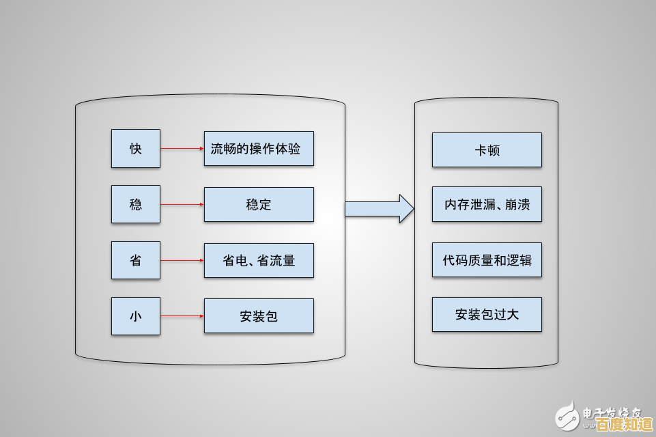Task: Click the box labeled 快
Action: pos(136,148)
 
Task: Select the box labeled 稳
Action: pos(136,204)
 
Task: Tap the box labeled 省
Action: pos(136,260)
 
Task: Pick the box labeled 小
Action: pos(136,316)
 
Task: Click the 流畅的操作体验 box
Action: pos(259,148)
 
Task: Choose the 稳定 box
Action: pos(259,204)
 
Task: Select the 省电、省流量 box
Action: pos(259,260)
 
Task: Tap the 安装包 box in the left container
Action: pos(259,316)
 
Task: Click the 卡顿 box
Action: pos(487,150)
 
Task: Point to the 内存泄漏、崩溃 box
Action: pos(487,204)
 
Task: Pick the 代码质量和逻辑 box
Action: pos(487,259)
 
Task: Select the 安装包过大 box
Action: pos(487,315)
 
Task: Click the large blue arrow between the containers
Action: pos(379,208)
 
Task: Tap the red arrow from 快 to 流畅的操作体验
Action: pos(182,148)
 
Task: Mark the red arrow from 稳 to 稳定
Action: pos(182,204)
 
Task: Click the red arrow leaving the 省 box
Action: pos(182,260)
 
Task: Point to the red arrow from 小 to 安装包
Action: pos(182,316)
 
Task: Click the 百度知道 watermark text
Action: pos(621,425)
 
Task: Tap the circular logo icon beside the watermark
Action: pos(566,414)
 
